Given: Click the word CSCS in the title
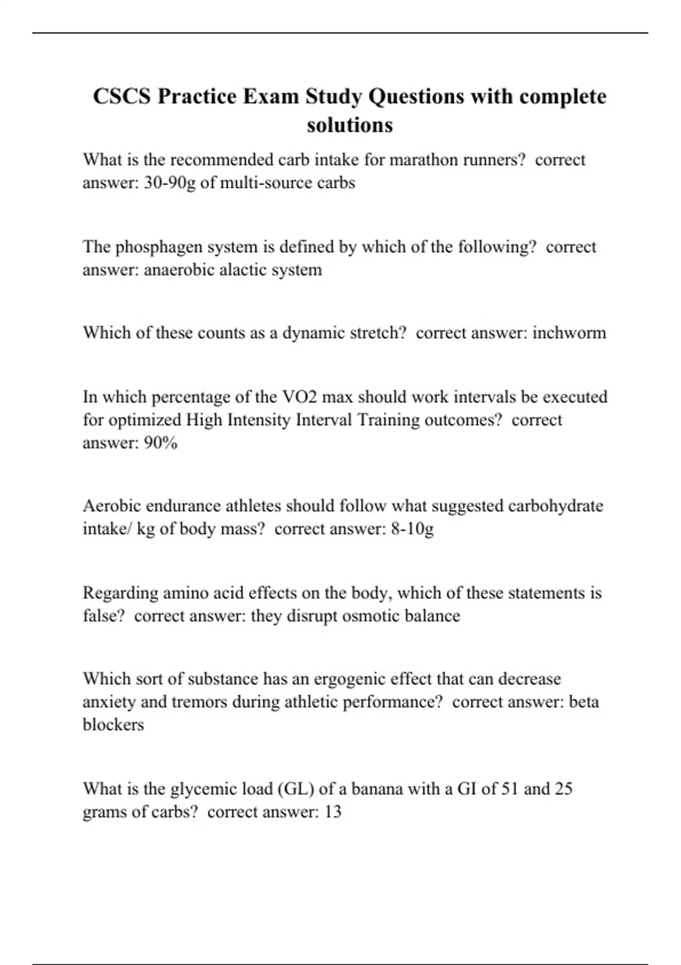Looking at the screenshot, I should pos(122,96).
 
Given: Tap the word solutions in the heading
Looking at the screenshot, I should pos(350,125).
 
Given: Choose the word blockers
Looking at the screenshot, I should pos(113,725).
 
